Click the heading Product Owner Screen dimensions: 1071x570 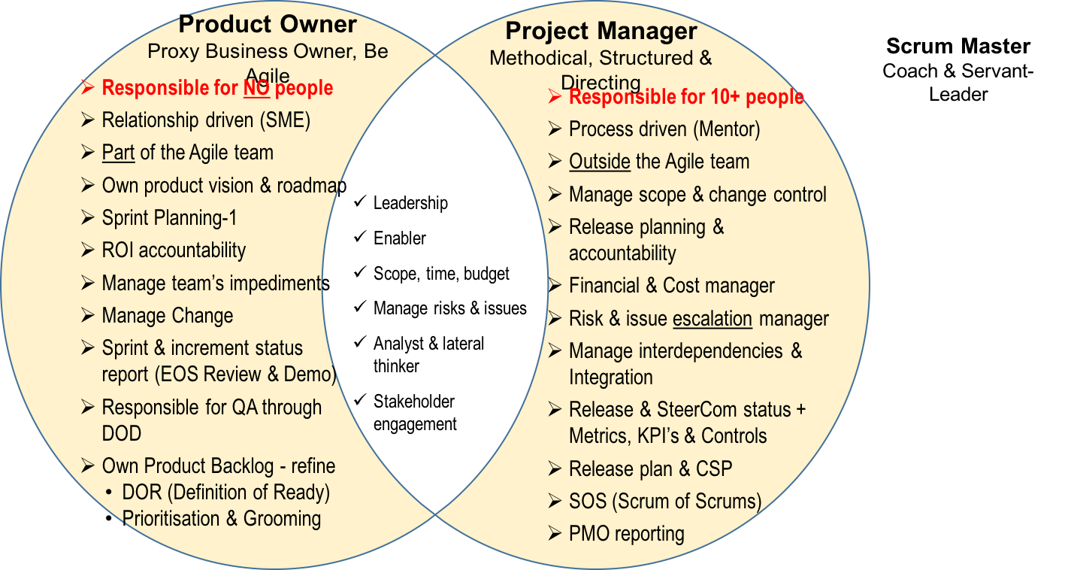tap(268, 24)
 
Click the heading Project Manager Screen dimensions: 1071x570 tap(601, 32)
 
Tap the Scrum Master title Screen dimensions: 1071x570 tap(958, 47)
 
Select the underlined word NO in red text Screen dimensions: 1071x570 tap(257, 88)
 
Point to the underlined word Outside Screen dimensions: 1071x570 tap(600, 162)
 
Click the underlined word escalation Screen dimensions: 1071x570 tap(712, 319)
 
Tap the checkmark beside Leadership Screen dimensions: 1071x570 tap(360, 201)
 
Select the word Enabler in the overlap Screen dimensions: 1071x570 tap(400, 238)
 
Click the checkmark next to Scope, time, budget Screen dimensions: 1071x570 tap(360, 271)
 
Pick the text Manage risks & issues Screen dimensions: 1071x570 tap(450, 308)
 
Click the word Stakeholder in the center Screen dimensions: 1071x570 tap(414, 402)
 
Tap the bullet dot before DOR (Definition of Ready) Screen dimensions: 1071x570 tap(109, 493)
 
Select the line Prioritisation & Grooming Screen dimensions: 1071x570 tap(222, 519)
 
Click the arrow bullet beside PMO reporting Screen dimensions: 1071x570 tap(555, 532)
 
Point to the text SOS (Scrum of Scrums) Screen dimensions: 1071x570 tap(665, 502)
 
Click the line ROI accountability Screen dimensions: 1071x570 tap(174, 250)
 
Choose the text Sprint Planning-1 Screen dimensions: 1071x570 tap(169, 217)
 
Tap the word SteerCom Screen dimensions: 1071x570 tap(700, 410)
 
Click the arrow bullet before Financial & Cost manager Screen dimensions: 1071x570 tap(555, 285)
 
